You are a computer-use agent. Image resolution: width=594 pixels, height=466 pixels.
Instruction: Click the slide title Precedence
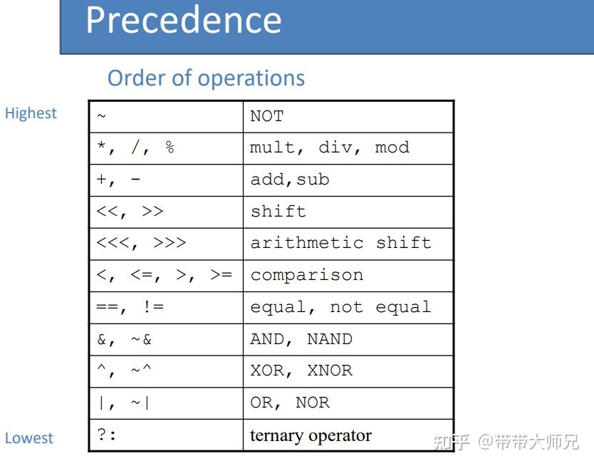click(x=184, y=20)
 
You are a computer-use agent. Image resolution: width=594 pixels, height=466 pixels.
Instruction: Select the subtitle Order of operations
click(x=206, y=78)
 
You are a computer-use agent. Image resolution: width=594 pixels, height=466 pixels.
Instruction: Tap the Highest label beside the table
click(x=31, y=113)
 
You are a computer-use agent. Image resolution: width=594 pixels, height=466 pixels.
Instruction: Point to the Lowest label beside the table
click(x=28, y=438)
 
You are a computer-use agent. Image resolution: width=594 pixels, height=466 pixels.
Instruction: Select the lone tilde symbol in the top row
click(x=101, y=115)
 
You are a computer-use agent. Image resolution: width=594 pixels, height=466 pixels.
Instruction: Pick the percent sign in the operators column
click(x=170, y=147)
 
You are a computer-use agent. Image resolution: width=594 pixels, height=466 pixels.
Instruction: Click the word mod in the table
click(x=392, y=147)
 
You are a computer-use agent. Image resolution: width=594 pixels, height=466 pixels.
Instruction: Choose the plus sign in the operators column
click(x=102, y=179)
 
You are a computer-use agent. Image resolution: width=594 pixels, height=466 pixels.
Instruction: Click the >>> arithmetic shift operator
click(x=170, y=242)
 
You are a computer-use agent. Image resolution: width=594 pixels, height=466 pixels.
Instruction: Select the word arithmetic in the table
click(x=307, y=243)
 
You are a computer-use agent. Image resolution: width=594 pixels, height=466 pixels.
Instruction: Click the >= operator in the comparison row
click(x=222, y=274)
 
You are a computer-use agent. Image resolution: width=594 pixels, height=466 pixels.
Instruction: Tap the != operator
click(x=153, y=306)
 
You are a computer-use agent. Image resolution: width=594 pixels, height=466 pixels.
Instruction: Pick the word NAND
click(x=330, y=339)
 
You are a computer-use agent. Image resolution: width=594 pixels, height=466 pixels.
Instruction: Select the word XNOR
click(x=330, y=371)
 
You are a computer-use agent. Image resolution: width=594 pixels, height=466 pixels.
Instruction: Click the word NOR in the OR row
click(x=313, y=403)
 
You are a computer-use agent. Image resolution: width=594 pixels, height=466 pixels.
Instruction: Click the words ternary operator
click(x=311, y=435)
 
